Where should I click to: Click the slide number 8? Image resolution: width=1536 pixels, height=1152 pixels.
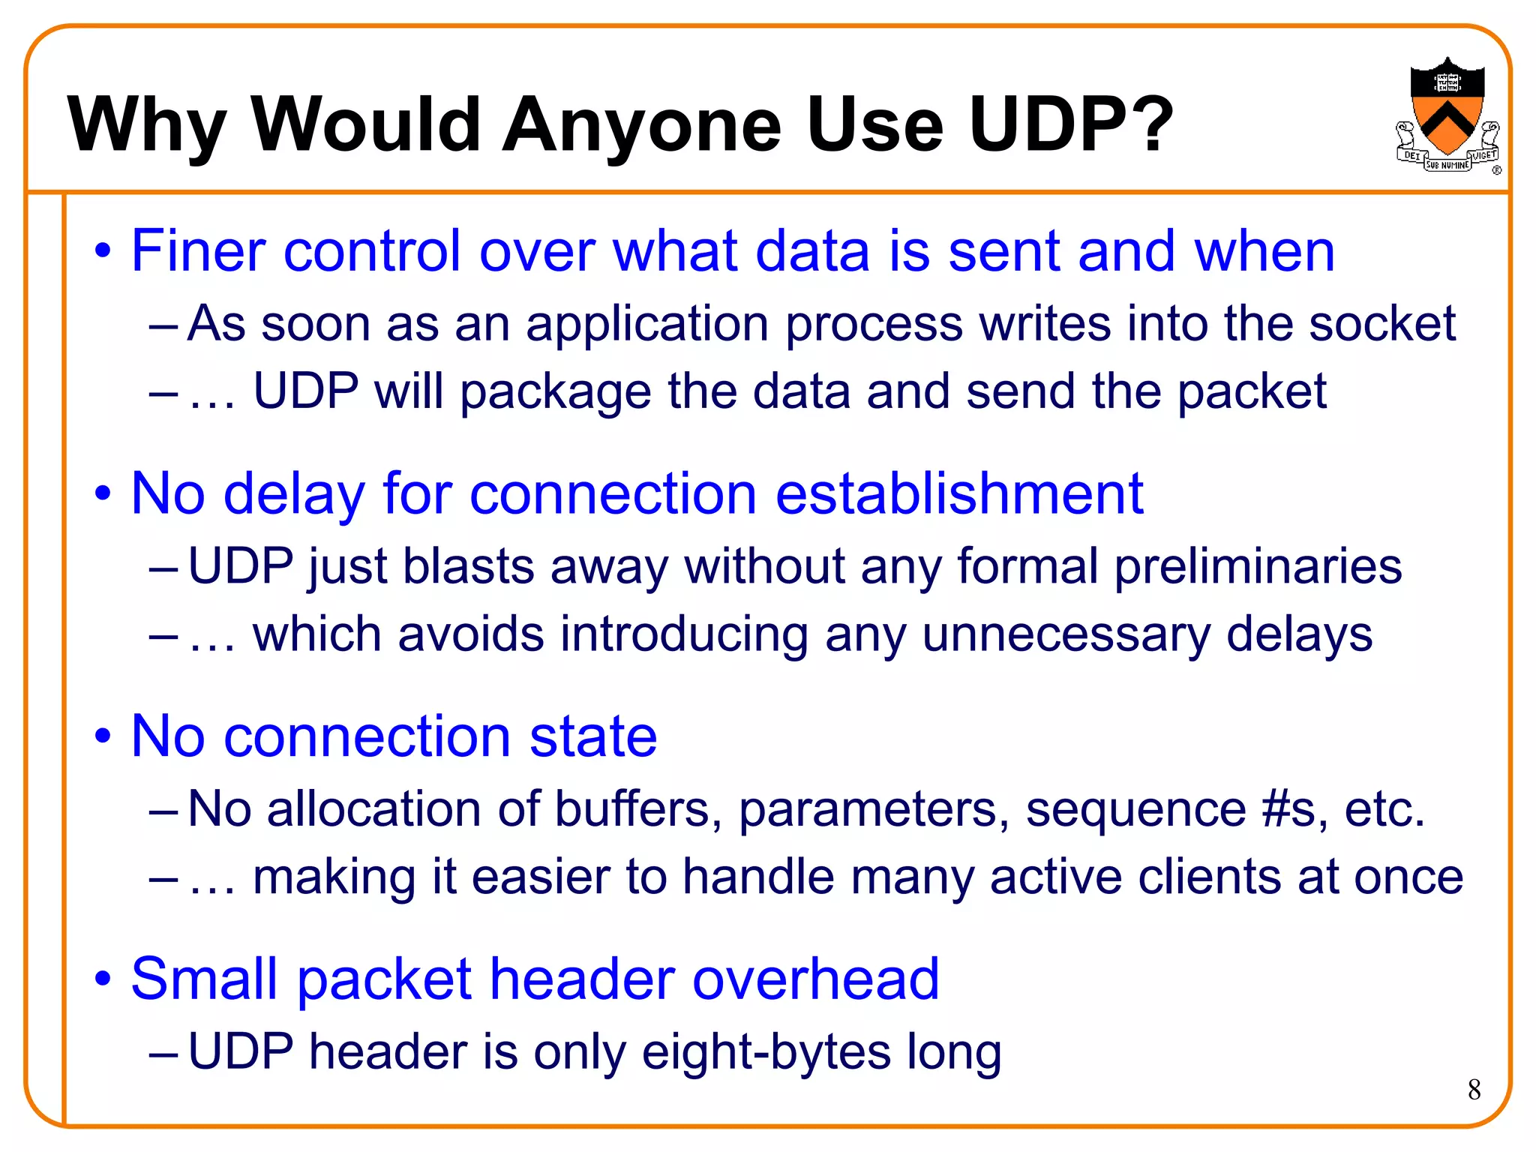point(1474,1090)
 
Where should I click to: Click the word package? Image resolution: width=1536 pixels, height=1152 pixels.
point(555,392)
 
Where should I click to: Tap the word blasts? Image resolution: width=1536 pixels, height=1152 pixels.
point(468,565)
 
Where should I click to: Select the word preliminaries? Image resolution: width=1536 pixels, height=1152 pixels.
point(1258,567)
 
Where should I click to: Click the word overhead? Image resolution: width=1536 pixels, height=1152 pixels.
point(815,979)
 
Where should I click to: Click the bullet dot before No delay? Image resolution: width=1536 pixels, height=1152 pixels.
point(103,493)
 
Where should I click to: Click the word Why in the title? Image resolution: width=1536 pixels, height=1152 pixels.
point(147,124)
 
